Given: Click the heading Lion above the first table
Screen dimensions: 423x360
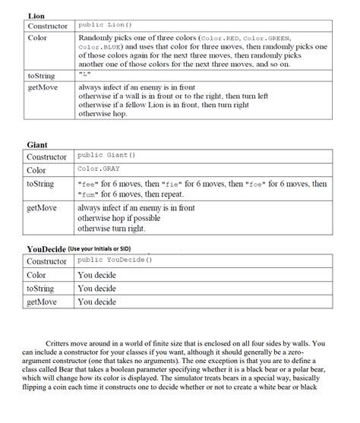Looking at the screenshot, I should (x=36, y=16).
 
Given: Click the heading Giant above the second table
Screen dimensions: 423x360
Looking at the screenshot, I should (x=37, y=144).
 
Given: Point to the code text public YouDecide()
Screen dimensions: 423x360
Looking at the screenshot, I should (x=115, y=260).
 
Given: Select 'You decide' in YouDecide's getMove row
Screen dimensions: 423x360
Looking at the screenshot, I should (x=96, y=302).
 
